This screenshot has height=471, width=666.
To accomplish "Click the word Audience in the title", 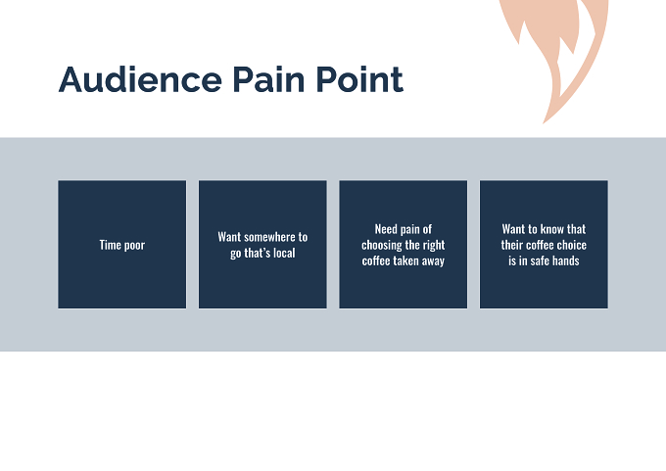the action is click(x=140, y=79).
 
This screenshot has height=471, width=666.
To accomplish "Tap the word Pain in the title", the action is click(x=268, y=79).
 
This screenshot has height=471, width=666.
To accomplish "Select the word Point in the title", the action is click(x=359, y=79).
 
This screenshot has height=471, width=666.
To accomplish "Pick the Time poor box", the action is click(x=121, y=245).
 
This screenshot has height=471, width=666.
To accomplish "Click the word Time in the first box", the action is click(x=110, y=245).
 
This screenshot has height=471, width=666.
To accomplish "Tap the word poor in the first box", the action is click(x=134, y=247).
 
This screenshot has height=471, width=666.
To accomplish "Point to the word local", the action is click(x=284, y=253).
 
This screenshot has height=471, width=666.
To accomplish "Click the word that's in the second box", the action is click(x=258, y=253).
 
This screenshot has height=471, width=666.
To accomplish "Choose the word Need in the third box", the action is click(x=384, y=229).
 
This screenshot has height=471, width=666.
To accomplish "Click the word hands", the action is click(x=566, y=260).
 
